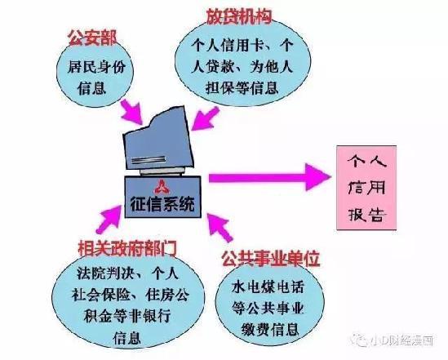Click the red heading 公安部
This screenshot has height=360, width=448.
point(92,38)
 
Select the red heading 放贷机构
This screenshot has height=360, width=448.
point(239,16)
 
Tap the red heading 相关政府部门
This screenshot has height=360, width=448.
point(127,248)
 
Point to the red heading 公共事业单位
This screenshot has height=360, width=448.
point(271,259)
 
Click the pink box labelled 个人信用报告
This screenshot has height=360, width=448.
point(366,188)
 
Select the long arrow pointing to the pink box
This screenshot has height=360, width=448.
point(270,177)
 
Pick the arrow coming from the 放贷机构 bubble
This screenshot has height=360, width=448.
point(205,118)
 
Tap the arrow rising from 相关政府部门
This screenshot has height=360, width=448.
point(109,219)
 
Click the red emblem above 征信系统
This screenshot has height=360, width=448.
point(162,187)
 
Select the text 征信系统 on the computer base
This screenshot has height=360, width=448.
point(162,204)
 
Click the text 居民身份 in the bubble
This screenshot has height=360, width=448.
point(96,68)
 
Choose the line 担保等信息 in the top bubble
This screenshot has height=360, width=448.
point(242,87)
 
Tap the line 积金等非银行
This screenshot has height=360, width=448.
point(127,316)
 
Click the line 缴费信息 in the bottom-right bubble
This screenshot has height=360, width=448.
point(270,330)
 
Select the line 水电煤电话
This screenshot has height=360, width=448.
point(268,287)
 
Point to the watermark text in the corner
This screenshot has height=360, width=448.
point(395,340)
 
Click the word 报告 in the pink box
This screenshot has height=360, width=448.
point(367,214)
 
